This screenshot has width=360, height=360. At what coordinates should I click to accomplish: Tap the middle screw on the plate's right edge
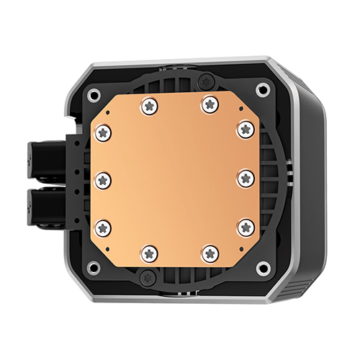click(x=246, y=178)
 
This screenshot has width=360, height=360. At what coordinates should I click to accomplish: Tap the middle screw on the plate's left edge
click(x=103, y=178)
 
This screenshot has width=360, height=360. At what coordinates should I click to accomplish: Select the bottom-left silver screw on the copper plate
click(x=150, y=252)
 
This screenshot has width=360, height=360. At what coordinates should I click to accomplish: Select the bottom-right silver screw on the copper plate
click(x=210, y=252)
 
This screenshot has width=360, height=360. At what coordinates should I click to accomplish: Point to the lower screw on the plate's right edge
click(x=246, y=227)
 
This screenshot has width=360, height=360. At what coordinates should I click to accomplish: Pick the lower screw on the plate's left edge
click(x=103, y=228)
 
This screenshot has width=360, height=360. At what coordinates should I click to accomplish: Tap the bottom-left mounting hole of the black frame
click(x=92, y=268)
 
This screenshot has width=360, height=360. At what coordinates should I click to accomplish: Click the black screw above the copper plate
click(x=207, y=78)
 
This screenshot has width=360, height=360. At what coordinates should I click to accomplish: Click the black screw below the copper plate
click(x=151, y=278)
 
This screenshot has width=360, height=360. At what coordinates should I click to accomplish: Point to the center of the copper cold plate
click(x=175, y=178)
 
